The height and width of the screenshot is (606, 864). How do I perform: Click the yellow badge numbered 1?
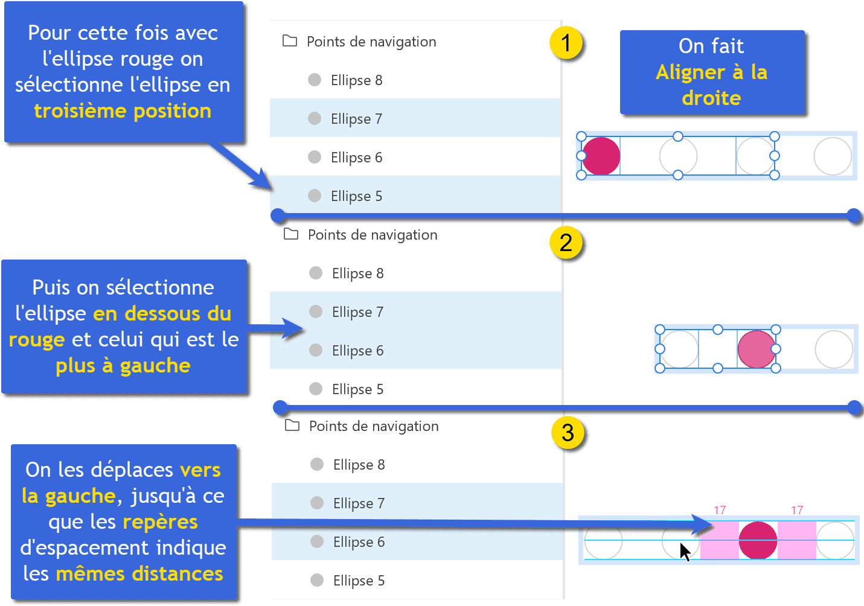[x=566, y=43]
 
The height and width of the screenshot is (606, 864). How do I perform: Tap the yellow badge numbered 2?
[x=566, y=243]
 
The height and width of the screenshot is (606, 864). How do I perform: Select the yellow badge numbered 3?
[x=568, y=433]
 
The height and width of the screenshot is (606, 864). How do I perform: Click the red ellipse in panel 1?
[x=601, y=156]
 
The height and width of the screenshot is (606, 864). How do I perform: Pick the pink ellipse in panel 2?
[x=757, y=349]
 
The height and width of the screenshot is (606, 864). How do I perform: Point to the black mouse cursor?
[x=684, y=552]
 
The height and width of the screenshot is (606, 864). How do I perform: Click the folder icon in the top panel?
[x=290, y=41]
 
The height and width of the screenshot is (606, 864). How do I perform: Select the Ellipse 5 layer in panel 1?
[x=356, y=196]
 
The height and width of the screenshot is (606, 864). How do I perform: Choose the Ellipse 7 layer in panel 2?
[x=357, y=312]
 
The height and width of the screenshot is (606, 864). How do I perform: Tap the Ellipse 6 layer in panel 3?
[x=359, y=542]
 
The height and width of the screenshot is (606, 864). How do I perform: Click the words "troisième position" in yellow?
[x=123, y=111]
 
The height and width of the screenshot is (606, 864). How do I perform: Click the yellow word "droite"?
[x=711, y=98]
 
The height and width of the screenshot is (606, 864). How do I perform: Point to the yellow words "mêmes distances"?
[x=139, y=573]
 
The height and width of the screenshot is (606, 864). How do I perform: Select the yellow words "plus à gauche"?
[x=123, y=366]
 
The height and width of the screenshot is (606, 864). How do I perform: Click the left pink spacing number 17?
[x=720, y=510]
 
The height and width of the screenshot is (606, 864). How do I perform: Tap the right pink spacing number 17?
[x=797, y=510]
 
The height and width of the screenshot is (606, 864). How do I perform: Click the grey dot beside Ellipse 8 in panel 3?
[x=317, y=464]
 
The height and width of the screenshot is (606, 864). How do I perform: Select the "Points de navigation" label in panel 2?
[x=373, y=235]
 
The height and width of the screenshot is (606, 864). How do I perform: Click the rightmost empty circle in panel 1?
[x=833, y=156]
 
